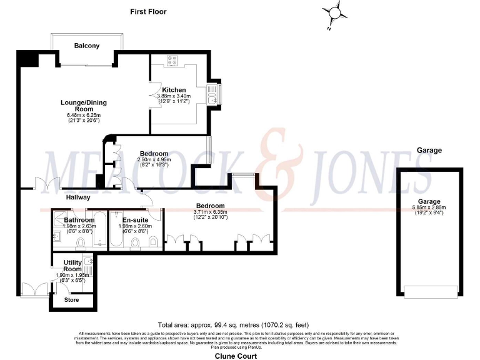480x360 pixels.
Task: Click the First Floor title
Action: coord(148,11)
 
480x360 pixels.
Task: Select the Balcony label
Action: coord(87,46)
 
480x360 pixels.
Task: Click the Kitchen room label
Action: coord(174,90)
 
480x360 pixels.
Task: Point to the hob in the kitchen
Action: coord(173,61)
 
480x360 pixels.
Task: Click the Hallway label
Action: coord(79,197)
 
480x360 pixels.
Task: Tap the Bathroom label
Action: coord(79,220)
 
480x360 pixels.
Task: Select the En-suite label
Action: coord(135,220)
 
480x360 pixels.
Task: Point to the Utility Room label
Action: coord(69,266)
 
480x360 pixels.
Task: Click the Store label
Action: coord(72,300)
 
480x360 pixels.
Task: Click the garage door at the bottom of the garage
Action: coord(429,291)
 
